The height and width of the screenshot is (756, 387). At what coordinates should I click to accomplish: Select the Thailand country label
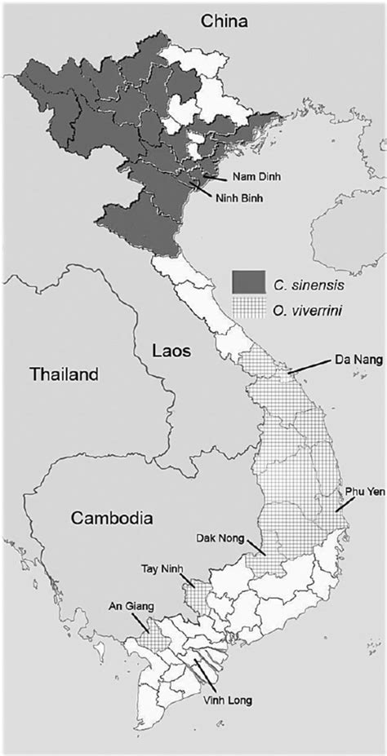point(63,375)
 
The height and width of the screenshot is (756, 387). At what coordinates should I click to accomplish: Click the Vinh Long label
point(225,700)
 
